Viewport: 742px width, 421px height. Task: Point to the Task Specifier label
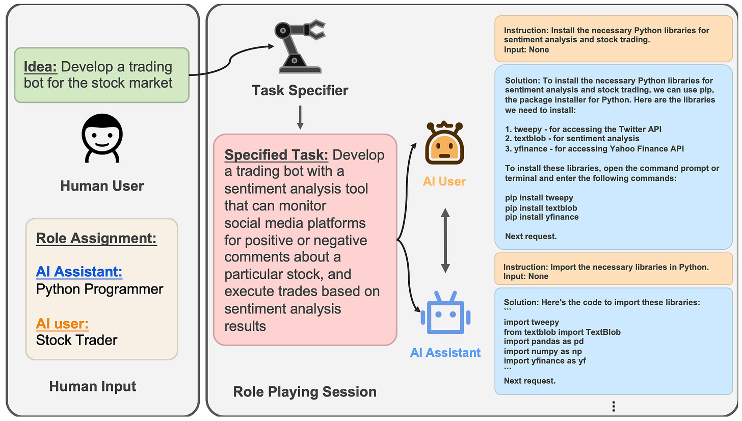coord(300,91)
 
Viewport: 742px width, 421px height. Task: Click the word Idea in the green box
coord(40,67)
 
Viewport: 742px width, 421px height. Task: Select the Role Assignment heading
coord(96,239)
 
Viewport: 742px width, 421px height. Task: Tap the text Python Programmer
coord(99,290)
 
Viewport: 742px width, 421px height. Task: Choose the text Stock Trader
coord(76,340)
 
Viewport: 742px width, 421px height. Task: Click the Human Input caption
coord(93,386)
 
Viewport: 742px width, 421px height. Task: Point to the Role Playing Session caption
coord(305,391)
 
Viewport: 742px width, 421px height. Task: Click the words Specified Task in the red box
coord(276,155)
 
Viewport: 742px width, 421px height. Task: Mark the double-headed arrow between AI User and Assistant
coord(445,241)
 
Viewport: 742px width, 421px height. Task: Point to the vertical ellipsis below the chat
coord(614,406)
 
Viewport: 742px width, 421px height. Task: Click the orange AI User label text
coord(444,181)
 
